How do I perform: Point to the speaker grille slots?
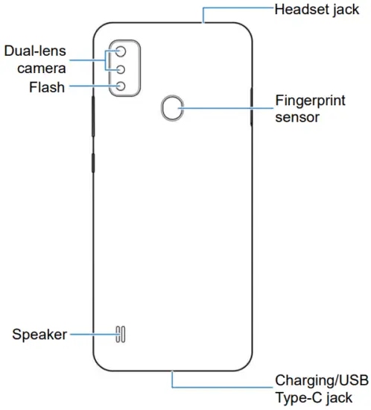(121, 334)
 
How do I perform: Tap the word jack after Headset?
(346, 10)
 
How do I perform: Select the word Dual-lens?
(35, 51)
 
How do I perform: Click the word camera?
(42, 69)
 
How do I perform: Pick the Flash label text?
(47, 87)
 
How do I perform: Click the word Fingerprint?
(311, 101)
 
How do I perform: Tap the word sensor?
(297, 117)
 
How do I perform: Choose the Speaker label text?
(39, 335)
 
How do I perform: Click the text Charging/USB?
(322, 380)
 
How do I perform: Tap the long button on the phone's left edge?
(93, 116)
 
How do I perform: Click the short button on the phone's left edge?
(93, 163)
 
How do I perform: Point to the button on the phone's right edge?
(251, 107)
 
